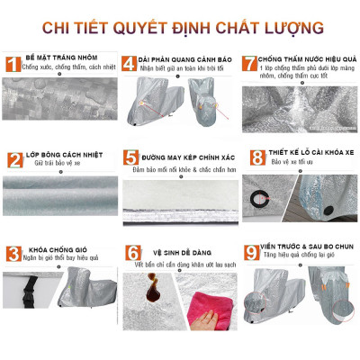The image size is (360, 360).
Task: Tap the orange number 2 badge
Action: click(13, 160)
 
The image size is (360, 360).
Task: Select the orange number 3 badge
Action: click(13, 255)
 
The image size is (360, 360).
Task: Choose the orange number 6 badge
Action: click(132, 255)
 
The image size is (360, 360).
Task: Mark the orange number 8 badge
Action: click(256, 160)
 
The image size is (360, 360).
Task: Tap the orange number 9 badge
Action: click(256, 255)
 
